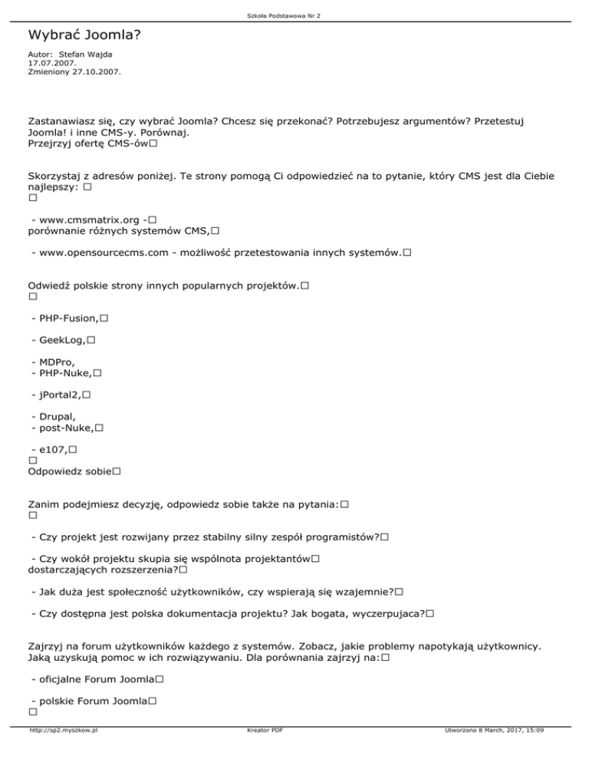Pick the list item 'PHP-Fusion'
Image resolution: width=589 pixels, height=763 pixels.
[68, 317]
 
